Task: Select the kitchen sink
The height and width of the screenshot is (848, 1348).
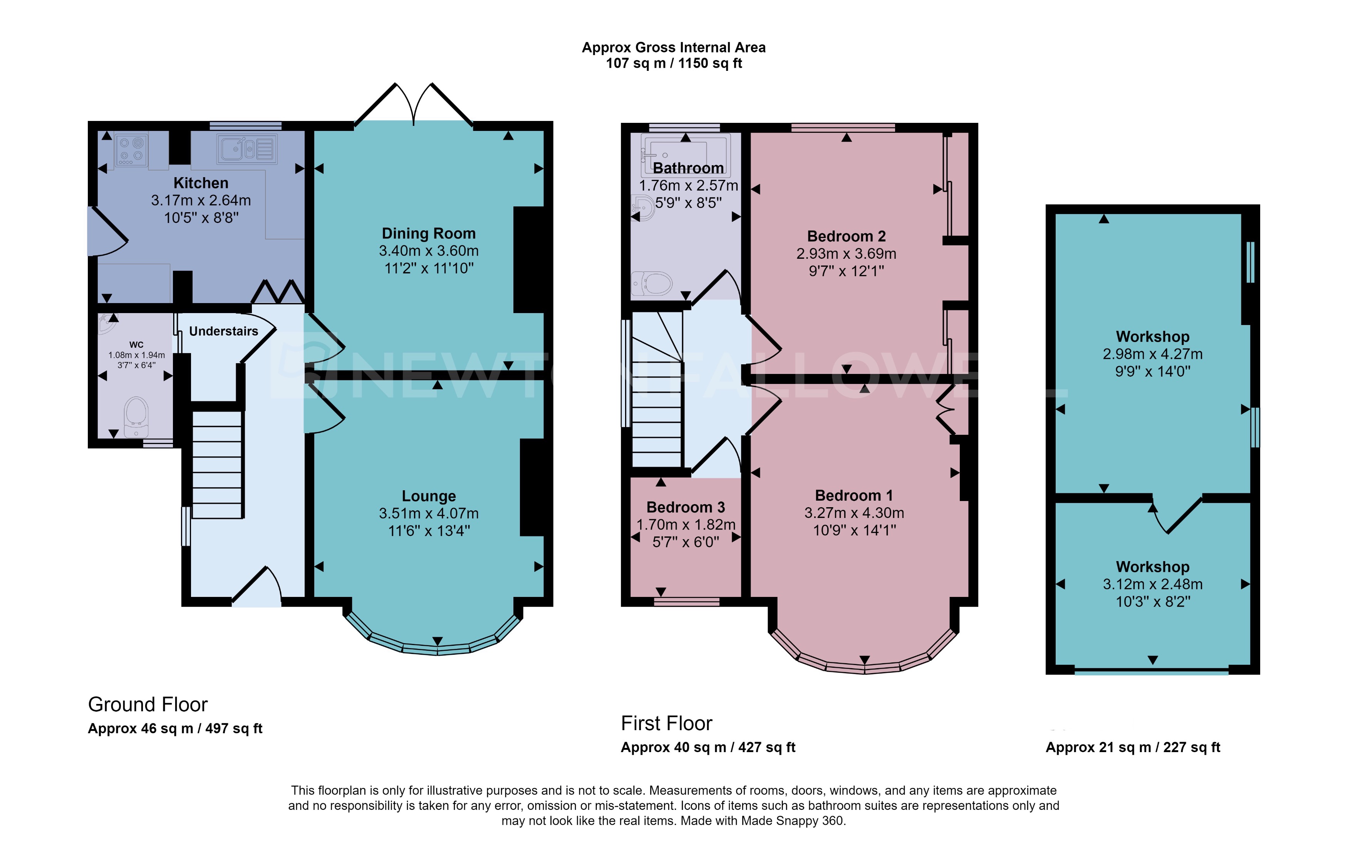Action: pyautogui.click(x=247, y=149)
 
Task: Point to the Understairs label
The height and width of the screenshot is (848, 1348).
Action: pyautogui.click(x=223, y=331)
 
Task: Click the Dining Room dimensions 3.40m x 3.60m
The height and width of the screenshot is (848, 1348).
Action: pyautogui.click(x=428, y=251)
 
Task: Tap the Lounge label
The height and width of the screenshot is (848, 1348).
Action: pyautogui.click(x=428, y=496)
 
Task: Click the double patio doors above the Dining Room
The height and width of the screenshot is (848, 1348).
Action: pyautogui.click(x=414, y=105)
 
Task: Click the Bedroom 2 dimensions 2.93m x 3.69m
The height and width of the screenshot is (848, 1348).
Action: pyautogui.click(x=846, y=253)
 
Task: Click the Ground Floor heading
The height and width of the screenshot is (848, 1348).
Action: pyautogui.click(x=148, y=704)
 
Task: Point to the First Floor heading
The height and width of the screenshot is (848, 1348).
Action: pyautogui.click(x=666, y=723)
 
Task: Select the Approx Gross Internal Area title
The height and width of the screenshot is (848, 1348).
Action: pyautogui.click(x=674, y=48)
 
